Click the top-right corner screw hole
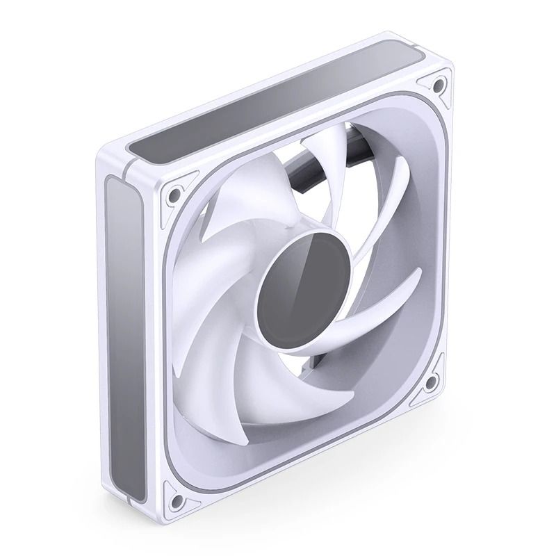(438, 85)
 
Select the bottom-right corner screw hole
(434, 380)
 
